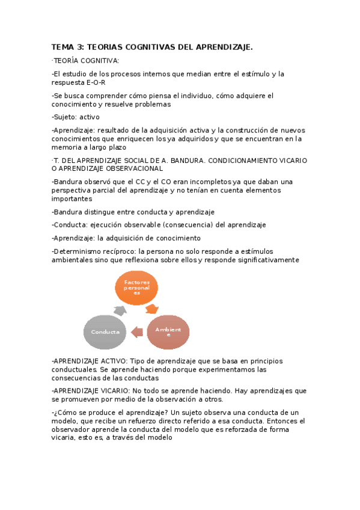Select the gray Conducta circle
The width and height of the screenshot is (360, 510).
[x=105, y=332]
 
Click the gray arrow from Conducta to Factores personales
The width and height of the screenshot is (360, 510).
[x=120, y=310]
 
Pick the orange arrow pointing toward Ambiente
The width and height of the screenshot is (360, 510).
[x=153, y=309]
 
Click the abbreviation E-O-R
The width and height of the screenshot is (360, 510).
[x=95, y=82]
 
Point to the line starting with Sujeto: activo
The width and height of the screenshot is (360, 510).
[x=76, y=117]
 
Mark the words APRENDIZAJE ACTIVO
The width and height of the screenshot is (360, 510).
[x=88, y=361]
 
